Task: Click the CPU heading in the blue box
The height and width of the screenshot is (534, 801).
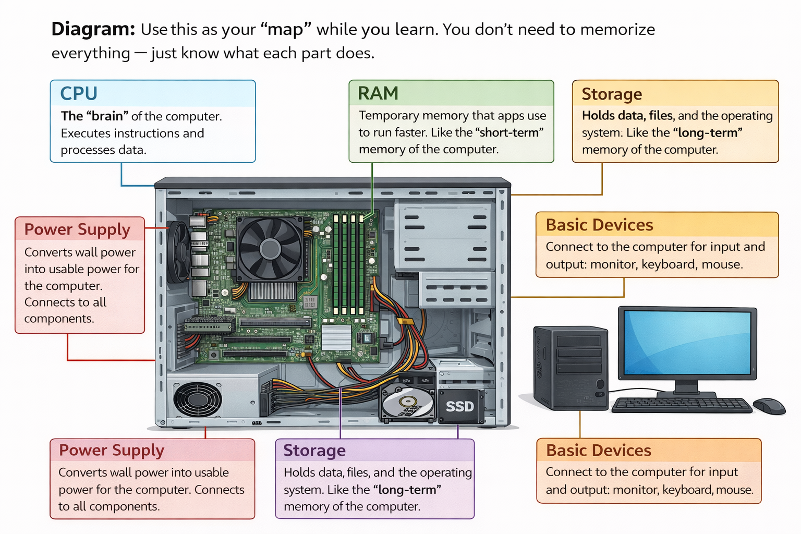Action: tap(79, 93)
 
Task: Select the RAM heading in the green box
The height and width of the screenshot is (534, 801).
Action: tap(378, 93)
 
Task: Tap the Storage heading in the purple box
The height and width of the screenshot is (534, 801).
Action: tap(314, 450)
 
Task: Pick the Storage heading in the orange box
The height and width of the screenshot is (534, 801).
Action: tap(612, 94)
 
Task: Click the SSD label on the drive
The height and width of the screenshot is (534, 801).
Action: tap(459, 406)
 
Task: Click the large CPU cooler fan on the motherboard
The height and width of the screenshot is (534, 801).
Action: tap(270, 249)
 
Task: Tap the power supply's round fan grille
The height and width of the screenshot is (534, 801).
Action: tap(197, 400)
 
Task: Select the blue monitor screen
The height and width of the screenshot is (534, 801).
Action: tap(687, 343)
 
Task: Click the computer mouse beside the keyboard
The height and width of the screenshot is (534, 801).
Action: tap(769, 405)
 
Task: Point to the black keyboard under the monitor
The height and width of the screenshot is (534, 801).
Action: tap(681, 405)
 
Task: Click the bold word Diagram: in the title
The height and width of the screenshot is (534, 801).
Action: tap(93, 29)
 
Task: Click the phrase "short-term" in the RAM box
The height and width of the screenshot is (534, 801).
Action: tap(509, 132)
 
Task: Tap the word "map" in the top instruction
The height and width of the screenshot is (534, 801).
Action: tap(285, 29)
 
